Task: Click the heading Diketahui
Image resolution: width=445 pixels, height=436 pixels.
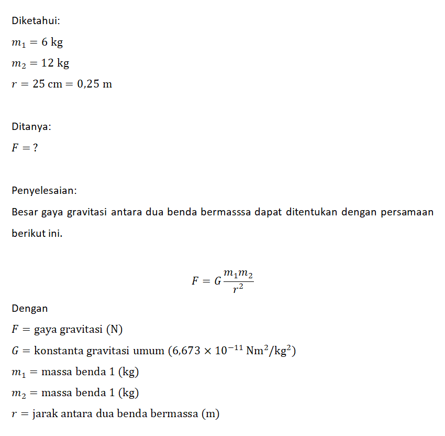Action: pos(36,21)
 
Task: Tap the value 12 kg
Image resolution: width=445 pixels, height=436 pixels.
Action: pos(55,63)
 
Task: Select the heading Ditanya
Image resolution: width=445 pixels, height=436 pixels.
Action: pos(31,126)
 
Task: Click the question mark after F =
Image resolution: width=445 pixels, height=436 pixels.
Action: pos(35,148)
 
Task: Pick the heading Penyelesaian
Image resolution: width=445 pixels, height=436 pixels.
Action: pos(44,190)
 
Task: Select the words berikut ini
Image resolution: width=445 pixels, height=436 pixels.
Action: pos(37,233)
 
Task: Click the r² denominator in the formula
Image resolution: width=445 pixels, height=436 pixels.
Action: pos(238,289)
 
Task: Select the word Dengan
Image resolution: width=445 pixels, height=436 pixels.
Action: pos(29,309)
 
